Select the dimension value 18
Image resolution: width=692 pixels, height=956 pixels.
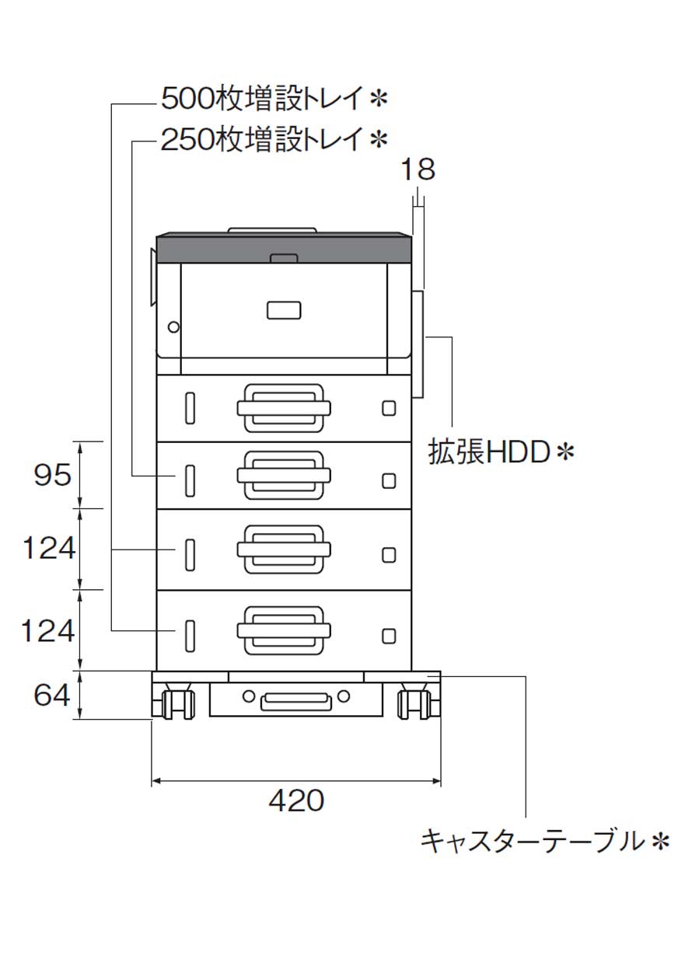pyautogui.click(x=418, y=169)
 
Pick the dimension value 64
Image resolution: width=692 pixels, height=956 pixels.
pyautogui.click(x=53, y=695)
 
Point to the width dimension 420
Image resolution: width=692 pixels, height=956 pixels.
pyautogui.click(x=296, y=800)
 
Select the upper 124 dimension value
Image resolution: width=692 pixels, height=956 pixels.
pyautogui.click(x=48, y=549)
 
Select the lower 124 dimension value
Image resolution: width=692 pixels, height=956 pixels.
pyautogui.click(x=48, y=631)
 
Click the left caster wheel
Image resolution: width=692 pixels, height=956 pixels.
pyautogui.click(x=176, y=703)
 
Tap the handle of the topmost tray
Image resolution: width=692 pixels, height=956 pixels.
pyautogui.click(x=284, y=407)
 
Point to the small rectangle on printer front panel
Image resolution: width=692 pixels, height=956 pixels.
pyautogui.click(x=284, y=310)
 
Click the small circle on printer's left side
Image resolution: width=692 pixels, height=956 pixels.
pyautogui.click(x=173, y=326)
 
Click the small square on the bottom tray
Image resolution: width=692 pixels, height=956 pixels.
pyautogui.click(x=389, y=636)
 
